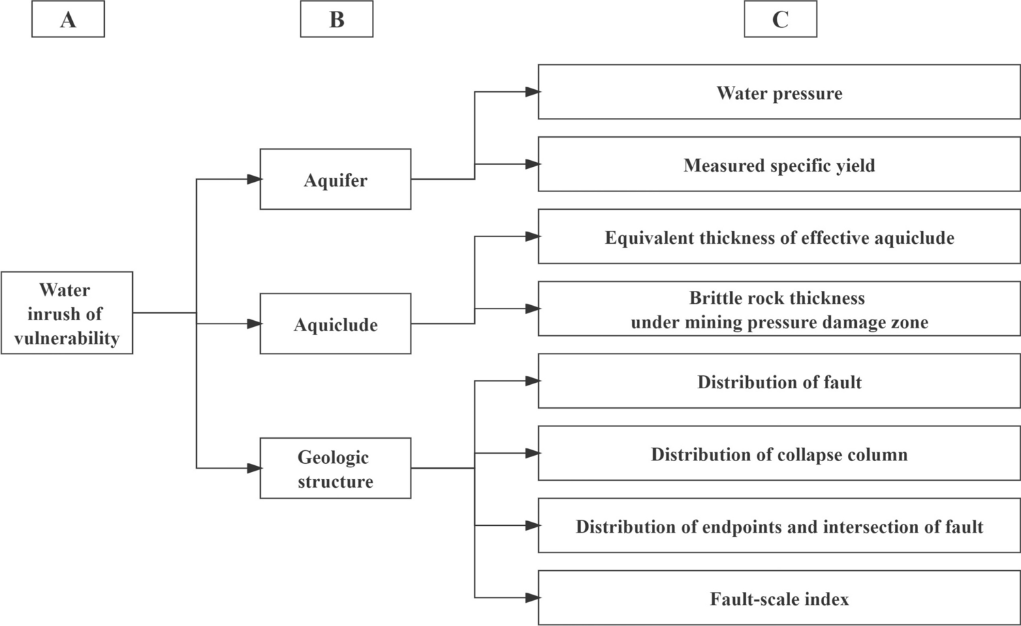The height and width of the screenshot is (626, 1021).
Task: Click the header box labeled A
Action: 68,19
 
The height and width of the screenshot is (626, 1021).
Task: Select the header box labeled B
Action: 336,19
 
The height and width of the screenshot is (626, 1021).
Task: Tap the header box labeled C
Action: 780,19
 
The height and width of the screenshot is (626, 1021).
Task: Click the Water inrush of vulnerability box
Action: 67,313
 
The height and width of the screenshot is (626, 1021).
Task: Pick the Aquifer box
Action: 335,179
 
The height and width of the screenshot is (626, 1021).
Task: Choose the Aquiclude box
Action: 335,324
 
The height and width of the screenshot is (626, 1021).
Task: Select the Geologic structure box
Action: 335,468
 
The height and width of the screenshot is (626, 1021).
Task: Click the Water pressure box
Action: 779,92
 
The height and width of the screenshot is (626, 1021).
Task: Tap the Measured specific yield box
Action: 779,164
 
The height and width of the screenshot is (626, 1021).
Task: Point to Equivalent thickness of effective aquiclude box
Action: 779,236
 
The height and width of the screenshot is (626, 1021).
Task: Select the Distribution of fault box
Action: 779,381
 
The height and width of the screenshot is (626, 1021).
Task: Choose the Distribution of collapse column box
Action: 779,453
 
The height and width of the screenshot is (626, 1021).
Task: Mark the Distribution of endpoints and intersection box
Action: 779,525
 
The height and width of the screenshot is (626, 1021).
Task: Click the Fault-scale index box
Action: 779,597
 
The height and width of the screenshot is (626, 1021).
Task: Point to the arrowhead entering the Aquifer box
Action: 254,179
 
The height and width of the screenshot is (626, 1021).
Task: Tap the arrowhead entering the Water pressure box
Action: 532,92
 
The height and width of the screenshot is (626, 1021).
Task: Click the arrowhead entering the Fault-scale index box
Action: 532,598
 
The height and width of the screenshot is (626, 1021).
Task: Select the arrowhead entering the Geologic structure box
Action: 254,468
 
